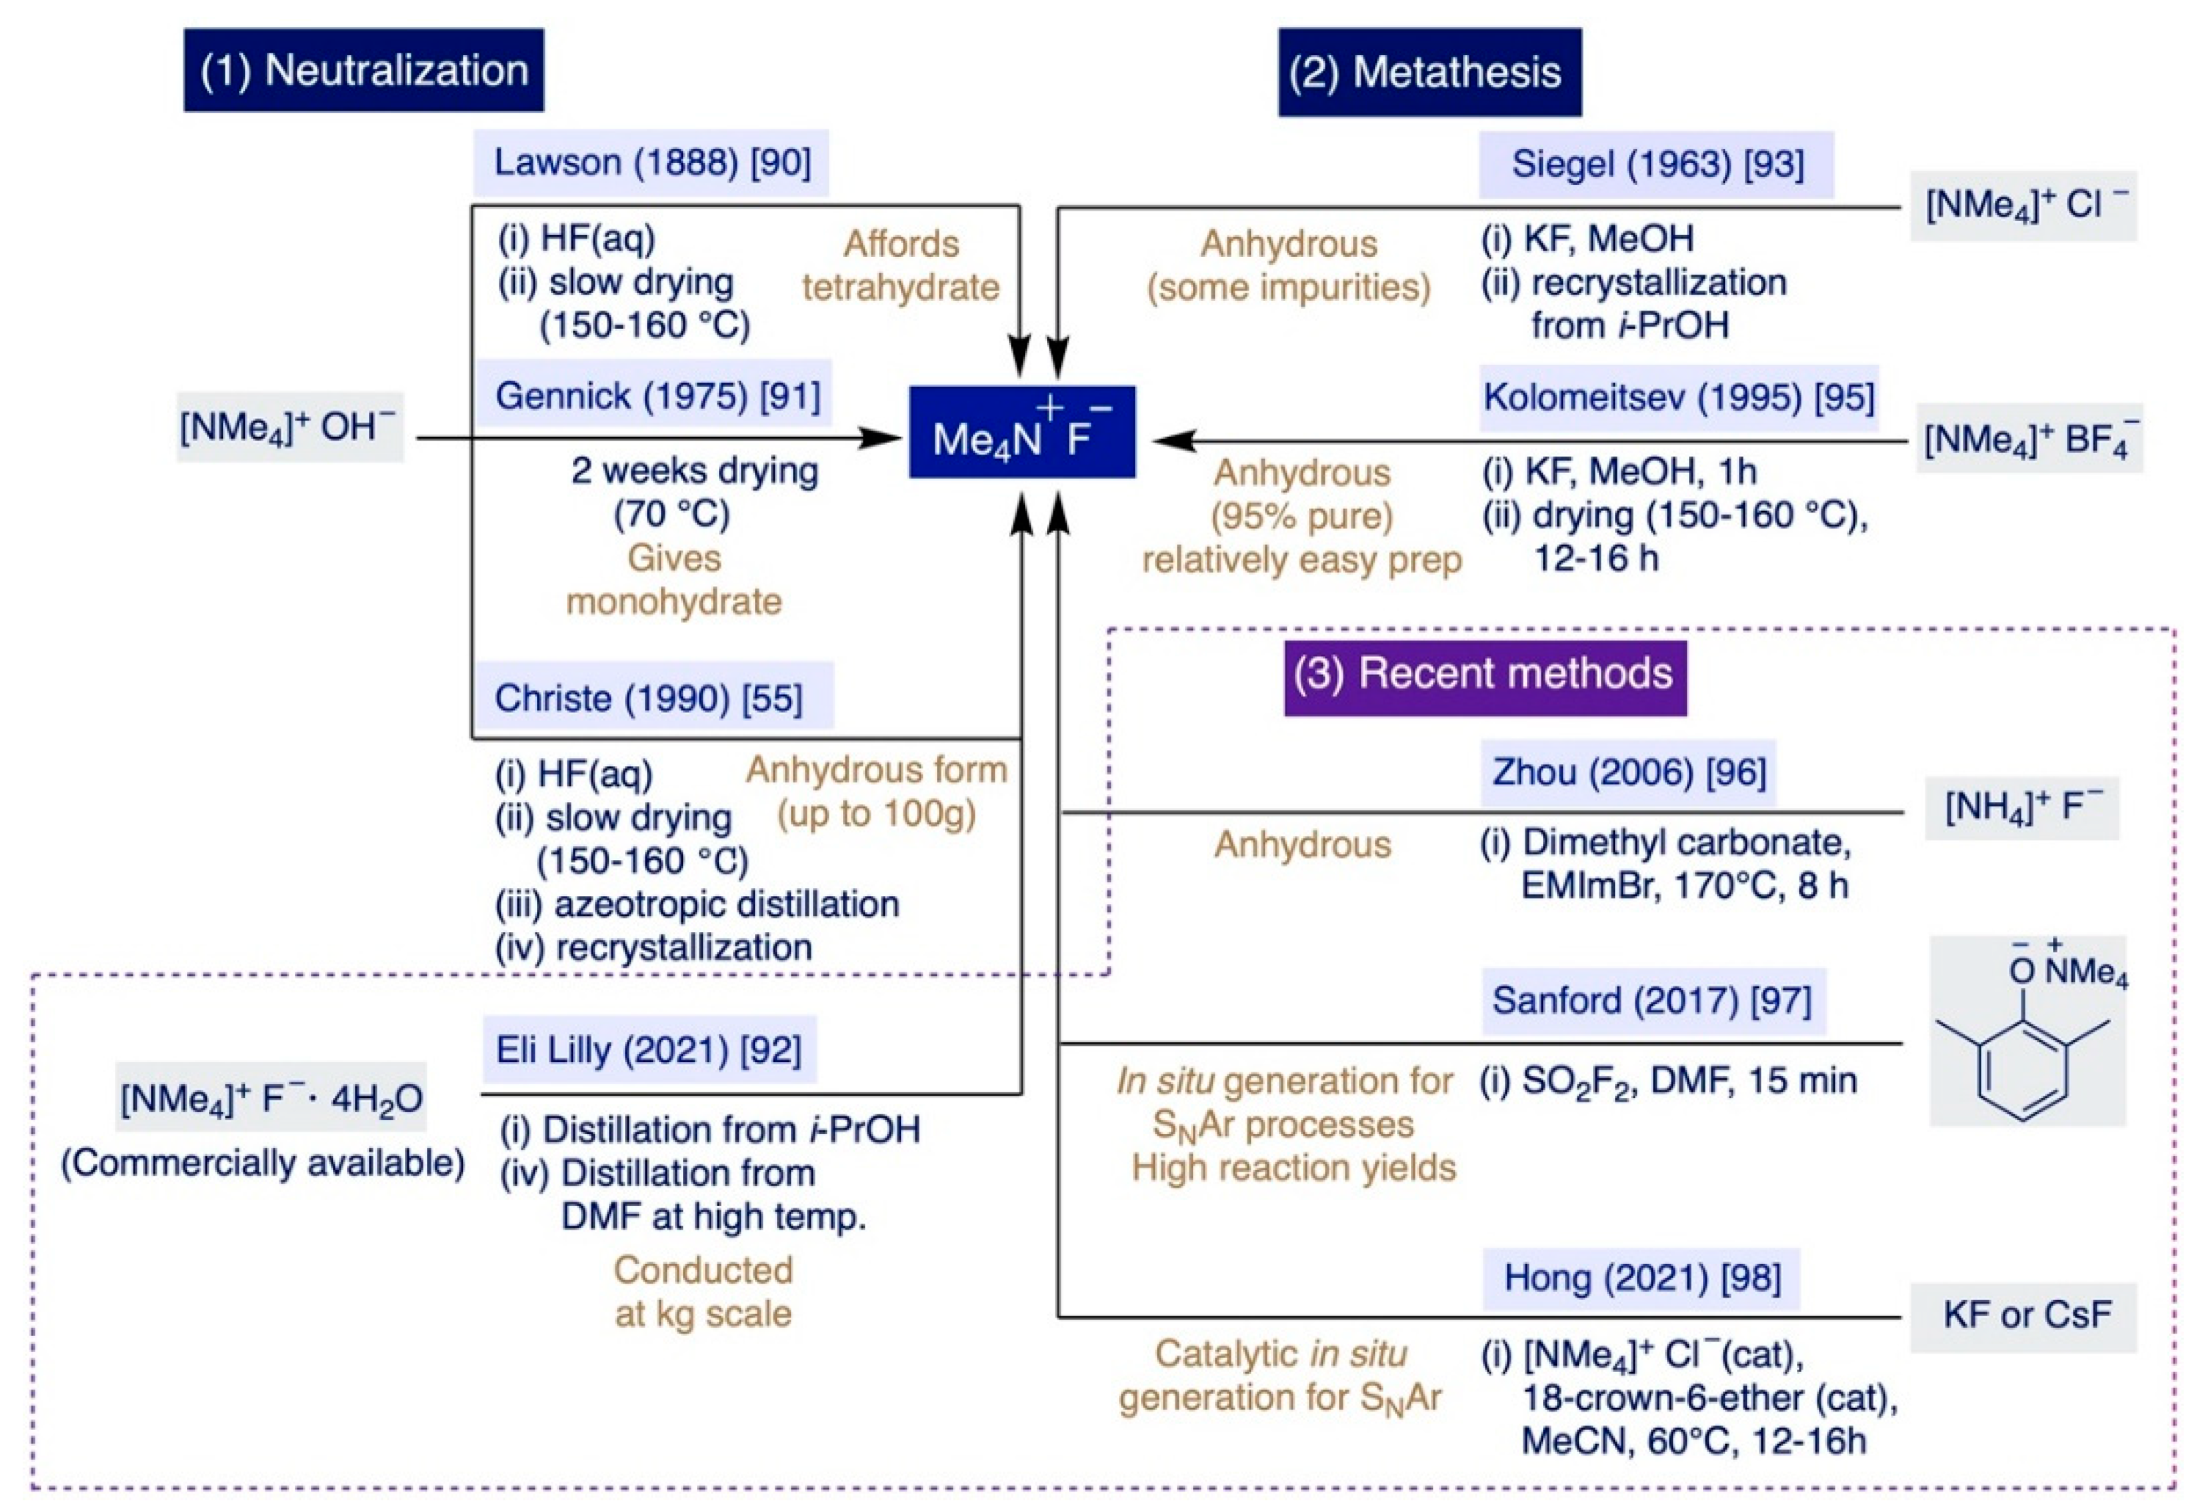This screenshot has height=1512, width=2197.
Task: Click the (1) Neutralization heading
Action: coord(364,71)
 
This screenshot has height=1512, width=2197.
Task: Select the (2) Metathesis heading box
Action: coord(1429,73)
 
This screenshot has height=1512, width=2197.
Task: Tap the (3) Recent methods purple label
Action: coord(1484,675)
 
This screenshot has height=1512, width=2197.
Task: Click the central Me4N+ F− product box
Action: coord(1021,432)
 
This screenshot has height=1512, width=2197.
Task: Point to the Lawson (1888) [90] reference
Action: coord(652,163)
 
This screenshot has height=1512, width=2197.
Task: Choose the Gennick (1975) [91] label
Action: coord(655,395)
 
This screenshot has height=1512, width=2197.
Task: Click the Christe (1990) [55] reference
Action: coord(652,698)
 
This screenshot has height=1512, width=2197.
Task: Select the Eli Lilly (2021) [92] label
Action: coord(649,1050)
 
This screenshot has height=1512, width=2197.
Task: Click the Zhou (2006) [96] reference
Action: coord(1628,773)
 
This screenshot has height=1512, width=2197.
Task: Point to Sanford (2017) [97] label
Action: coord(1652,1001)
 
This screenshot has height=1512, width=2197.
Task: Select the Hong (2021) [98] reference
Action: coord(1641,1279)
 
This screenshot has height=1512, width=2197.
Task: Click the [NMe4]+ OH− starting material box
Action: coord(289,427)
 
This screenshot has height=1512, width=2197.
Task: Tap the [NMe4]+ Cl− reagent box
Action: coord(2023,206)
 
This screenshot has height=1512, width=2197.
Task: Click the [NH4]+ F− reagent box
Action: coord(2021,808)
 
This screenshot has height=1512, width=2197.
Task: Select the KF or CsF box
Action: coord(2023,1317)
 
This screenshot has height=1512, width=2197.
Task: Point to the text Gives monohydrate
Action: coord(674,580)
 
